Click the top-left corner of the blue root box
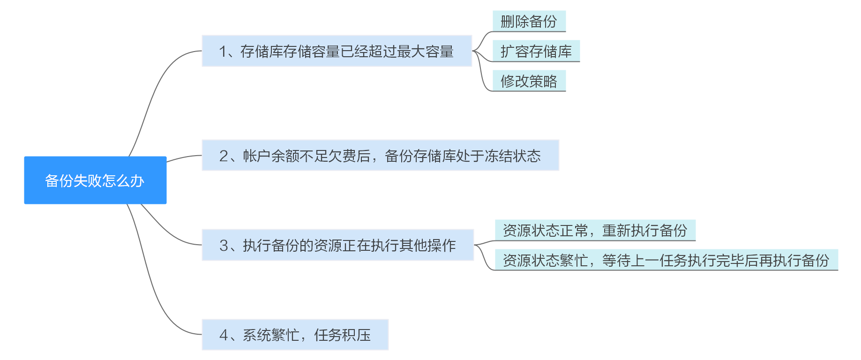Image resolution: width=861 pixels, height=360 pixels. (24, 157)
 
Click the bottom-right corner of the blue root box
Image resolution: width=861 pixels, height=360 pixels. (166, 204)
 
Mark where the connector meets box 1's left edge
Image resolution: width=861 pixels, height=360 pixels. (202, 51)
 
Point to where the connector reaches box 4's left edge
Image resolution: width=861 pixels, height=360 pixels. (202, 334)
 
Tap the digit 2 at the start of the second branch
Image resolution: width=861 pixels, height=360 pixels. (224, 156)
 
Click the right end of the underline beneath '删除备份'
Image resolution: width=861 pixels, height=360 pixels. (566, 31)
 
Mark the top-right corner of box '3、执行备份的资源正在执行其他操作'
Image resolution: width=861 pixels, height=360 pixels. (474, 230)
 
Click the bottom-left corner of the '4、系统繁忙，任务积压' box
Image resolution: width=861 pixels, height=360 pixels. (202, 350)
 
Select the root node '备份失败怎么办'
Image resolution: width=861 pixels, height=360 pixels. (95, 180)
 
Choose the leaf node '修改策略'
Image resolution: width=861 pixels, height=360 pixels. (529, 81)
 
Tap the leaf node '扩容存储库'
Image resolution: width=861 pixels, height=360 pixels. (536, 51)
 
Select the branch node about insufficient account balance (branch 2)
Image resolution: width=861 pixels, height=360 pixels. (380, 155)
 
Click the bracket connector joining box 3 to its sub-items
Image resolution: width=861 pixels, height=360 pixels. (485, 255)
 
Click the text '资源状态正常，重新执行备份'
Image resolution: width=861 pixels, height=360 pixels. (595, 230)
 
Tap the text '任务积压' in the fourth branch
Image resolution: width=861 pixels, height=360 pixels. (342, 335)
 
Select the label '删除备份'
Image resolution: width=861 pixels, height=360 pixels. (529, 21)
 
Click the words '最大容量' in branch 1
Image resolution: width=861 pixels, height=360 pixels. (425, 51)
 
